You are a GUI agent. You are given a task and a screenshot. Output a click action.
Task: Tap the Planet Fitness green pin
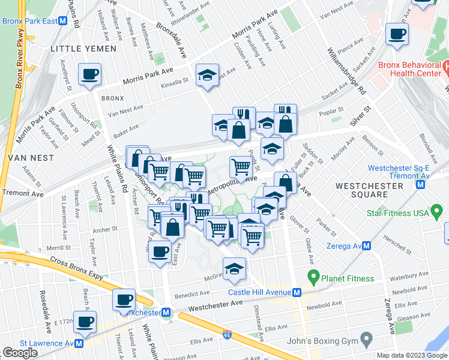[312, 278]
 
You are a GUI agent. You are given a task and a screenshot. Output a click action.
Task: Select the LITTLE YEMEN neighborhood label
[80, 48]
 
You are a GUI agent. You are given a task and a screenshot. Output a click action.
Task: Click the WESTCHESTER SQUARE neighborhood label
[369, 190]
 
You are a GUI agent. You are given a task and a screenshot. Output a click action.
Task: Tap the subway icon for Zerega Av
[365, 246]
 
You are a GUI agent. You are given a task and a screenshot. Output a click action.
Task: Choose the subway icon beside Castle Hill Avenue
[296, 293]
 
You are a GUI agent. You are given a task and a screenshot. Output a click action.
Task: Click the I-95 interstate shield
[227, 331]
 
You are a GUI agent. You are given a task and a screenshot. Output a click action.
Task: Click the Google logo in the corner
[20, 353]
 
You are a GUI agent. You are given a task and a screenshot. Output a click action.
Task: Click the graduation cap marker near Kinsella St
[208, 76]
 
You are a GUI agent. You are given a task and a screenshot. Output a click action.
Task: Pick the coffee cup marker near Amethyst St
[90, 75]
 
